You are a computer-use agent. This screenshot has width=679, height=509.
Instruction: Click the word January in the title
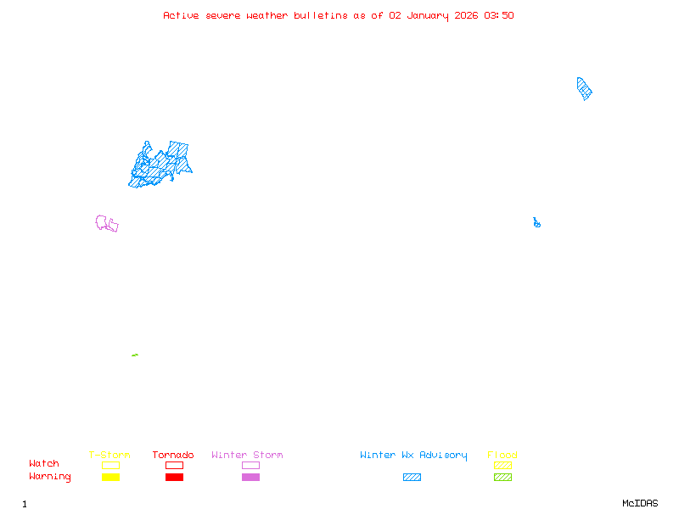(x=428, y=16)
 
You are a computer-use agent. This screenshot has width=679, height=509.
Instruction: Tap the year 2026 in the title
(x=466, y=15)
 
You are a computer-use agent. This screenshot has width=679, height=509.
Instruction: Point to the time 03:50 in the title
(x=499, y=15)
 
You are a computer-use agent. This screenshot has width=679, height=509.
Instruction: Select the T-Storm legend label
(x=109, y=455)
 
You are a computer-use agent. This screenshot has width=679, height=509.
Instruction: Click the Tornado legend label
(x=173, y=455)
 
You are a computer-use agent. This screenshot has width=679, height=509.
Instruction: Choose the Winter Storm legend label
(x=247, y=455)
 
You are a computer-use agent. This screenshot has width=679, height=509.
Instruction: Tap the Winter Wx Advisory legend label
(x=413, y=456)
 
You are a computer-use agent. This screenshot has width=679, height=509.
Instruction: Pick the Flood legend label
(x=502, y=455)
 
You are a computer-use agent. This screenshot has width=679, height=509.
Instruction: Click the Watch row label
(x=44, y=463)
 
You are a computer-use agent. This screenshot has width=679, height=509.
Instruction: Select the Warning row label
(x=50, y=477)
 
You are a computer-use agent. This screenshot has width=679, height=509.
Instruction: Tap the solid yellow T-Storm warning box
(x=111, y=477)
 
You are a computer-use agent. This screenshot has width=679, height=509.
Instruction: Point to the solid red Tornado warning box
(x=175, y=477)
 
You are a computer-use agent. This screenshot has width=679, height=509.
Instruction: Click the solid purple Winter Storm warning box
(x=250, y=477)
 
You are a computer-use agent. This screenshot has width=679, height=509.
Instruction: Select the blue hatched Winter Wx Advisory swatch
(x=412, y=477)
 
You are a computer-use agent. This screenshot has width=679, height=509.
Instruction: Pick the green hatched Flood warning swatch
(x=502, y=477)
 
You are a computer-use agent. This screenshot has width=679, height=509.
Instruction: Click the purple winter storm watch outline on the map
(x=97, y=223)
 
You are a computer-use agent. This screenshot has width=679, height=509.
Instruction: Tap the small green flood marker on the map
(x=135, y=355)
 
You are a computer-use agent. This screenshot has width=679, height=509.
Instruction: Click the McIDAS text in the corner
(x=640, y=503)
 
